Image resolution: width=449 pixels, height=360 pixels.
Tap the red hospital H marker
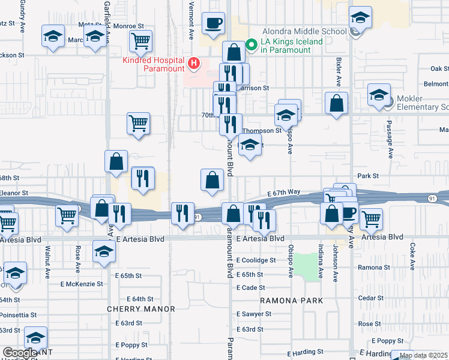click(x=193, y=62)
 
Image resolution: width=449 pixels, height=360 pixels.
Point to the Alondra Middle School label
click(x=305, y=32)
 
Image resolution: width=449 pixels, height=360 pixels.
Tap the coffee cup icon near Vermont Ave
click(x=213, y=24)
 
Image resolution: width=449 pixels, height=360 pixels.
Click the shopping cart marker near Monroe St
click(x=140, y=41)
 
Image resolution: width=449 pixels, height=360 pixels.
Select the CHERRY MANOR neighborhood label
click(x=141, y=309)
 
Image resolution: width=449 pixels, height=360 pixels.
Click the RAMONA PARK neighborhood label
click(x=292, y=300)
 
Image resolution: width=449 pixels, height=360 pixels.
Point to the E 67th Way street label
click(x=284, y=193)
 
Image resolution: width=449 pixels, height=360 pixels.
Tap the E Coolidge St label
click(x=256, y=260)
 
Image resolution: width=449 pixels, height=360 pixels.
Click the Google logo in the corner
click(x=20, y=353)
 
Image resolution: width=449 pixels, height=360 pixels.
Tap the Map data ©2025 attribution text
click(x=423, y=355)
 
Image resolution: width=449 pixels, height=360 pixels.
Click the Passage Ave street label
click(x=390, y=144)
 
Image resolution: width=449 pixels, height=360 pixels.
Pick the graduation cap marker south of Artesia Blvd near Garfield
click(x=104, y=253)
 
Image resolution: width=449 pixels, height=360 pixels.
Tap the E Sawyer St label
click(x=256, y=314)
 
